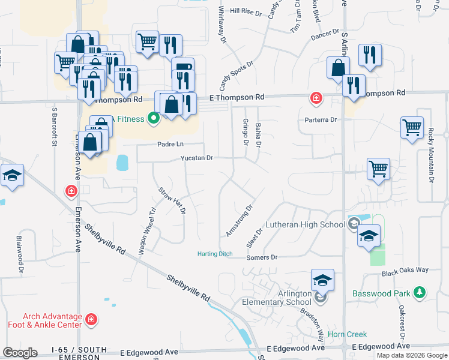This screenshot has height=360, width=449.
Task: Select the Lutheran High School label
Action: (x=307, y=224)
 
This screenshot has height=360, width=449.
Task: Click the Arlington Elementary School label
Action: (x=282, y=298)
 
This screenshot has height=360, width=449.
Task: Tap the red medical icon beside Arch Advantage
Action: (x=91, y=319)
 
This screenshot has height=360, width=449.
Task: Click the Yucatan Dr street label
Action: (x=197, y=158)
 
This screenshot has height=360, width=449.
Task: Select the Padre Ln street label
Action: (x=170, y=144)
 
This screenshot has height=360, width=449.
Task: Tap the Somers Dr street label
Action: (x=262, y=257)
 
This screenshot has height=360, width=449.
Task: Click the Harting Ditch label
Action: (x=215, y=254)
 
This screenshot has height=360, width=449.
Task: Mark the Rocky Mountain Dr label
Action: (x=431, y=156)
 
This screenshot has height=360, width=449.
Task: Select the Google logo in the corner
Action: (x=20, y=353)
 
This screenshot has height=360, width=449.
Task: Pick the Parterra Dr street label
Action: (x=321, y=120)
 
